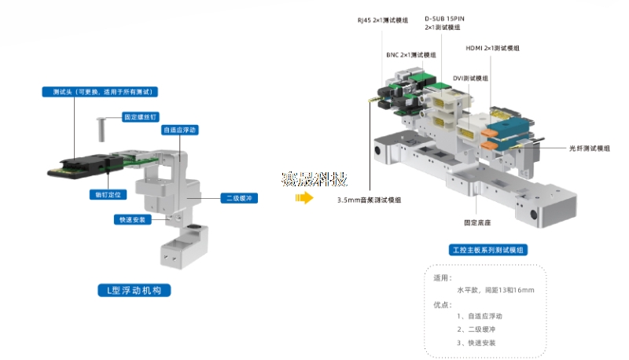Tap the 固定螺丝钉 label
(x=139, y=117)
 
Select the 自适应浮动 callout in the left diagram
(x=180, y=130)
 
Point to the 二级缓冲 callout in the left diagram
(x=237, y=199)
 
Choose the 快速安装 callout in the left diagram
(x=130, y=219)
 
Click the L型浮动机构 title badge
(x=133, y=290)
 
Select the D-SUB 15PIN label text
(x=446, y=18)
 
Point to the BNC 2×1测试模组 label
(x=410, y=55)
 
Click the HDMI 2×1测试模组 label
(x=493, y=48)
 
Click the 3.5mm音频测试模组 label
(x=369, y=200)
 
